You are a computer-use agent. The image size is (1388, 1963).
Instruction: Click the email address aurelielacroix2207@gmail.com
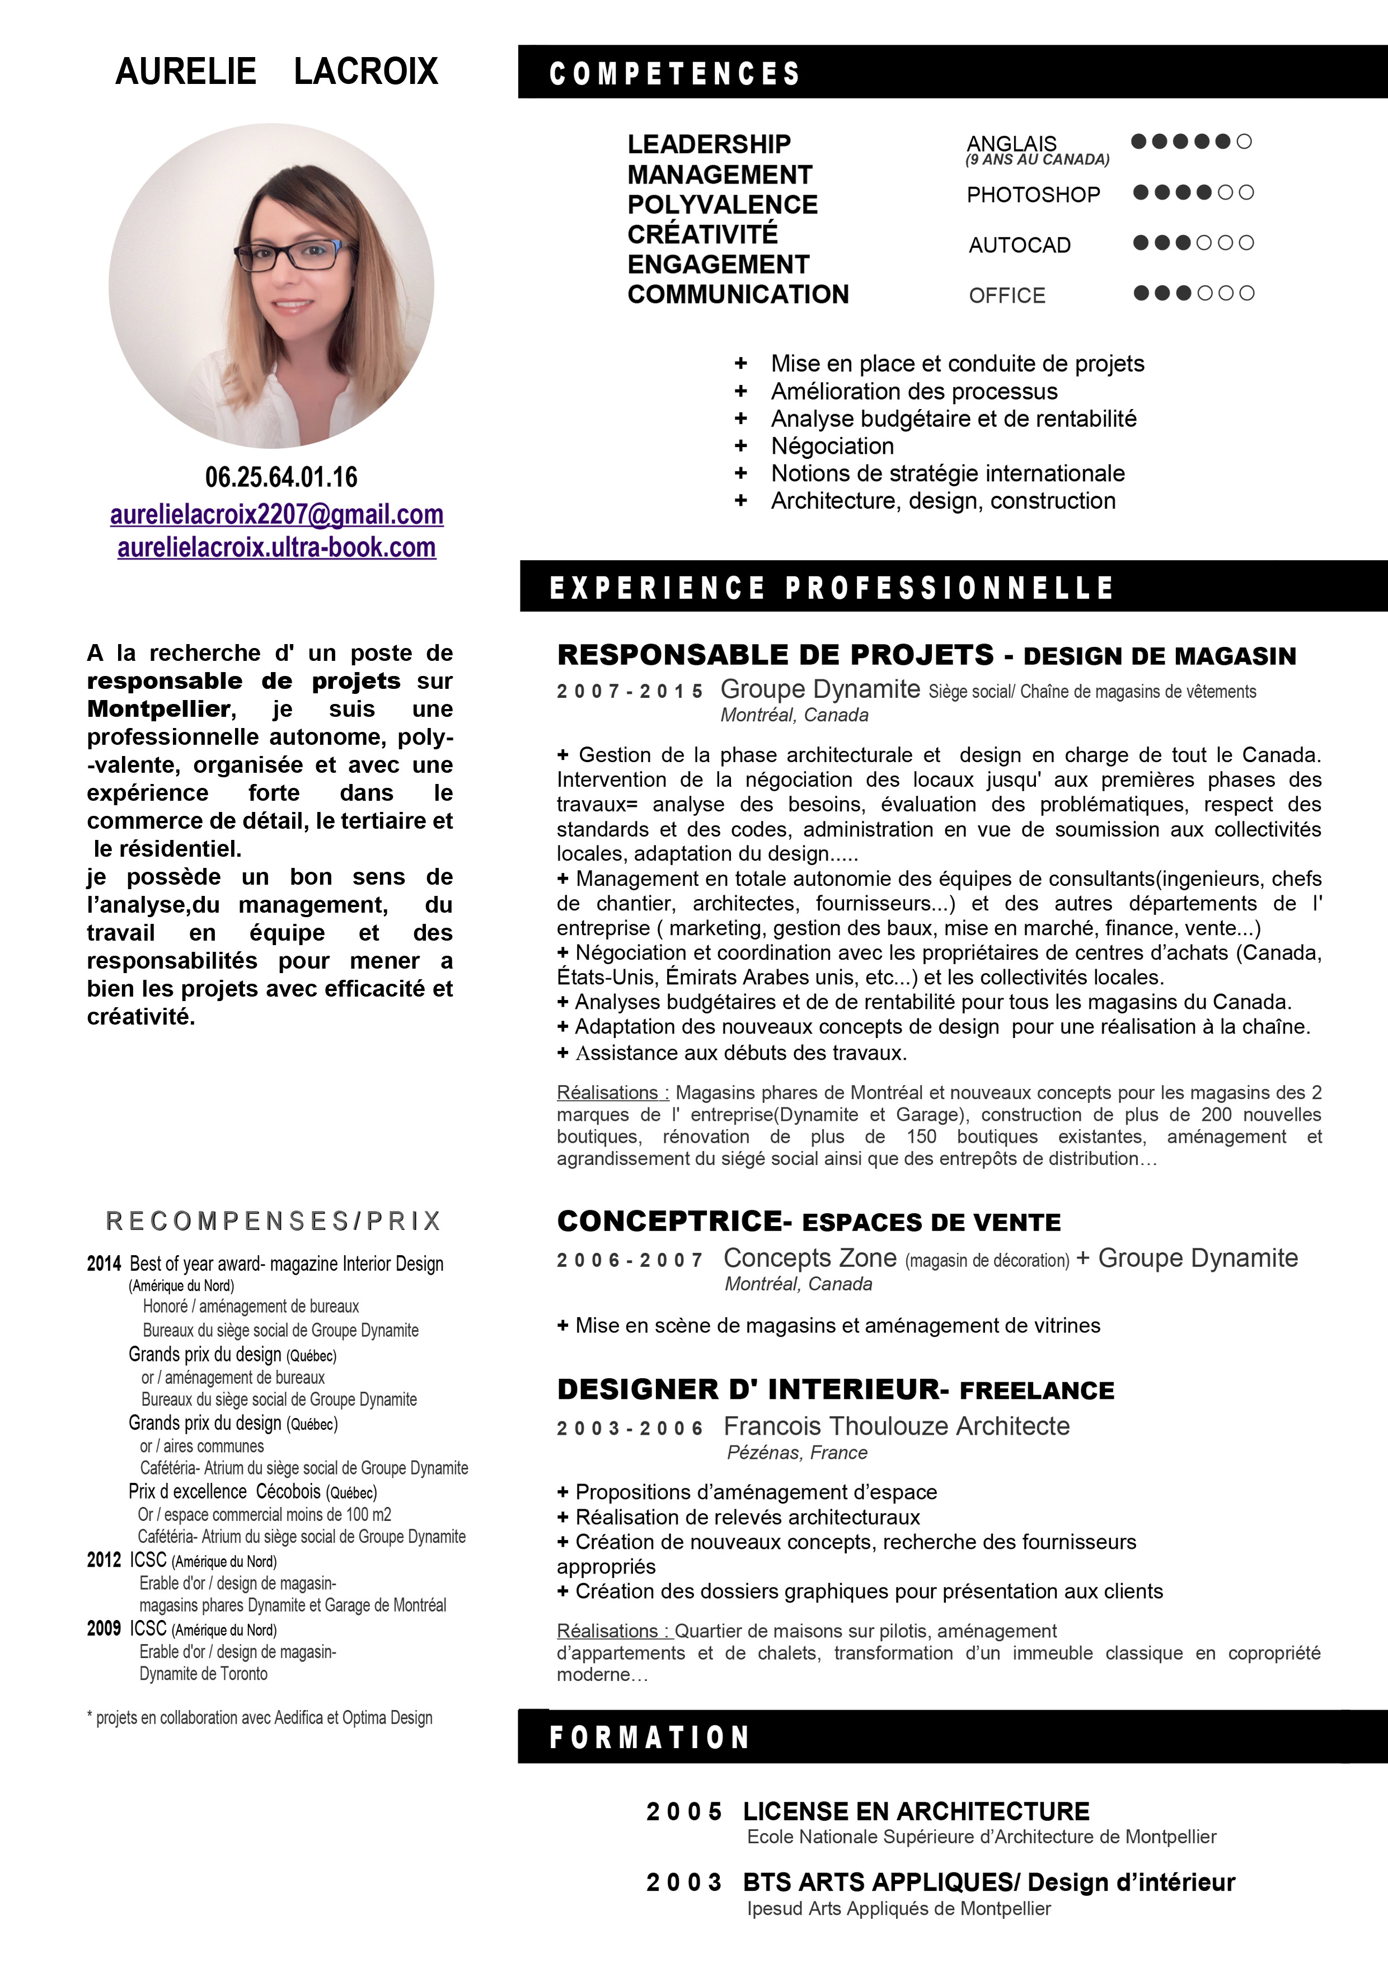[276, 515]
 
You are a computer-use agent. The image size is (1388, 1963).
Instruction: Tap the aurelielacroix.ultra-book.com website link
[276, 547]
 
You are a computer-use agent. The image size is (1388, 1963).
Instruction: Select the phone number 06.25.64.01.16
[280, 477]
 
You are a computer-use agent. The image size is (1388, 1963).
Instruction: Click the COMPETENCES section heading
[674, 73]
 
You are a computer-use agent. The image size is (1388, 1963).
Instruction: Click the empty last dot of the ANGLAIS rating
[1244, 141]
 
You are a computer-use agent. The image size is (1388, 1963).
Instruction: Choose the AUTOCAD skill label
[1019, 245]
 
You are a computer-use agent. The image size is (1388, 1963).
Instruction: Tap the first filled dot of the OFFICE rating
[1141, 293]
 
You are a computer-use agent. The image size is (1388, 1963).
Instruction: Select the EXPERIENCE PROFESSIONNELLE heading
[831, 588]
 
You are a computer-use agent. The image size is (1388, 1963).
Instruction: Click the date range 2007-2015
[630, 691]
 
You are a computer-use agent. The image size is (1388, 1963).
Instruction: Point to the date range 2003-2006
[630, 1428]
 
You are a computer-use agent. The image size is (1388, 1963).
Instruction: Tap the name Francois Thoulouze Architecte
[896, 1426]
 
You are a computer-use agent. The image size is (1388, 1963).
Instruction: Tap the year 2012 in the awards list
[104, 1560]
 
